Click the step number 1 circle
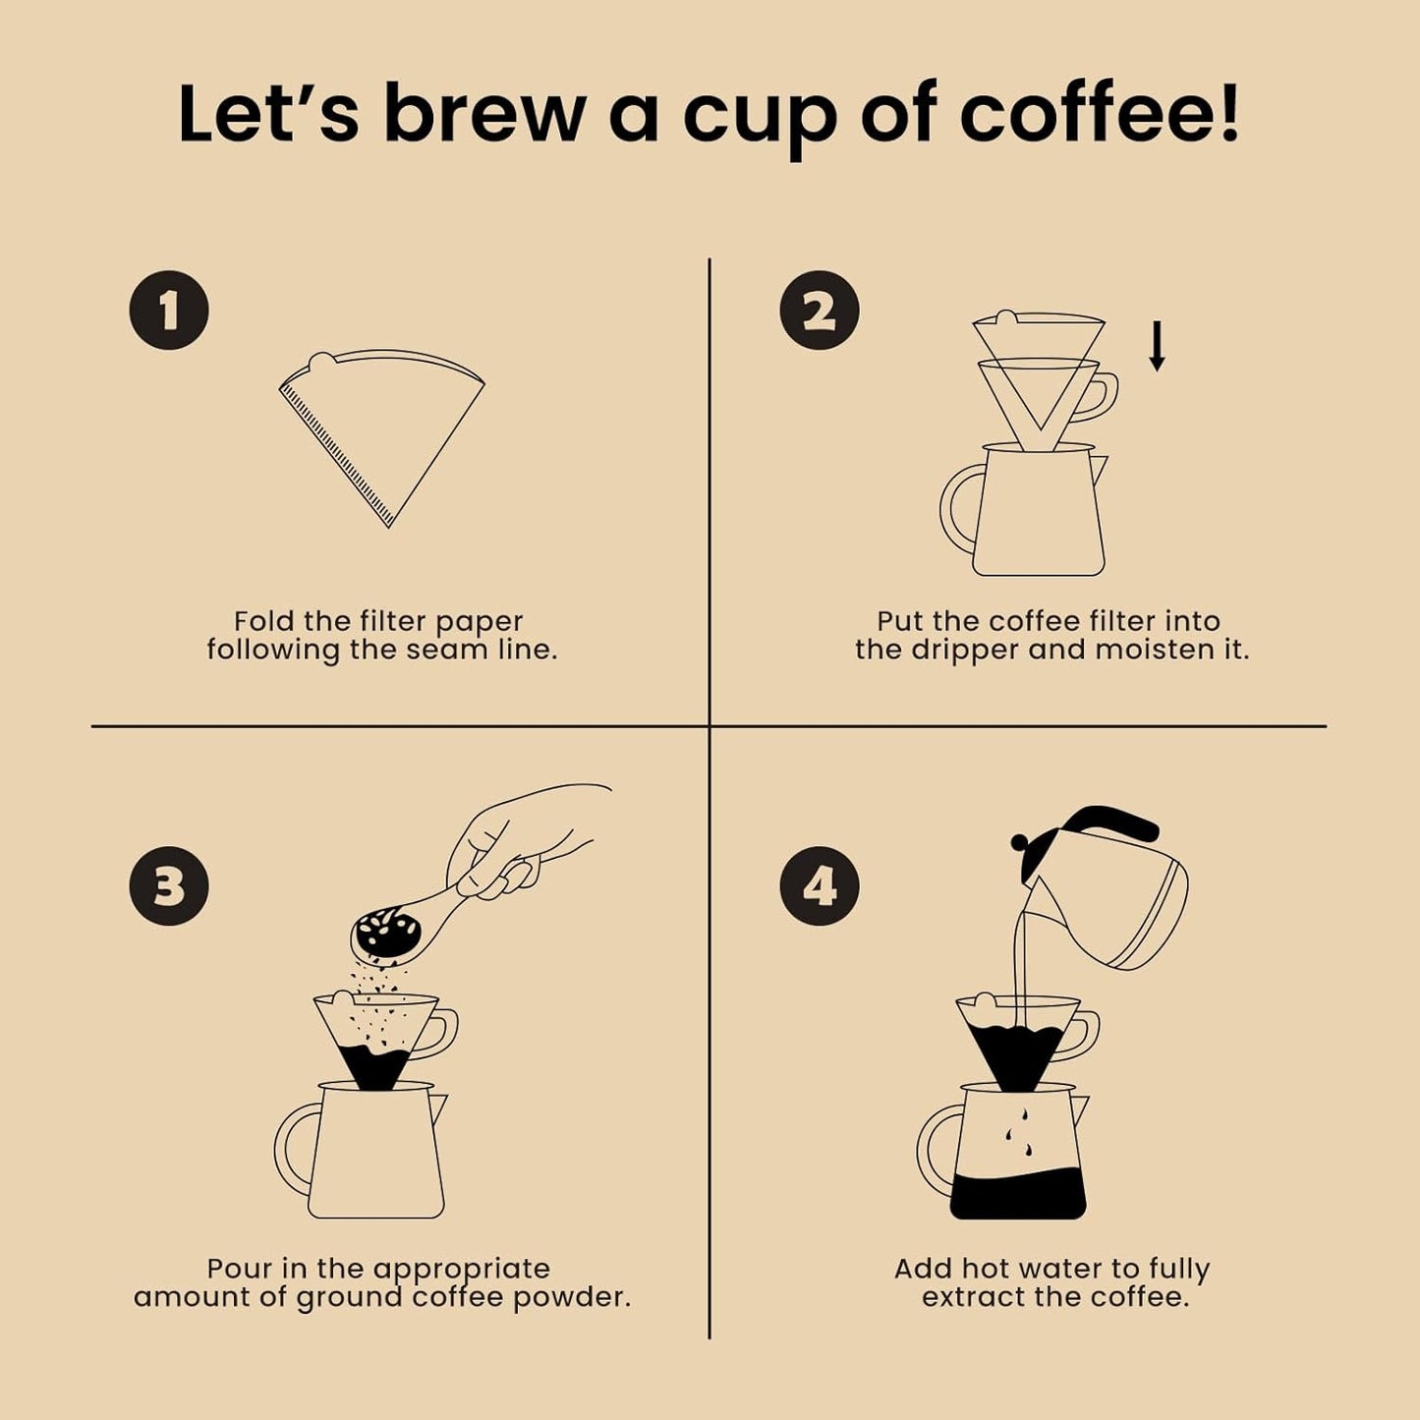[x=169, y=311]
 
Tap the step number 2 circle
[x=820, y=311]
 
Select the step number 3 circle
[x=169, y=886]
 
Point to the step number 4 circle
[x=820, y=886]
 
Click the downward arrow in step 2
[x=1158, y=346]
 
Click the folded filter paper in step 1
[x=383, y=423]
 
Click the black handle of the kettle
[x=1106, y=821]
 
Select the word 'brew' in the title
[x=483, y=115]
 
